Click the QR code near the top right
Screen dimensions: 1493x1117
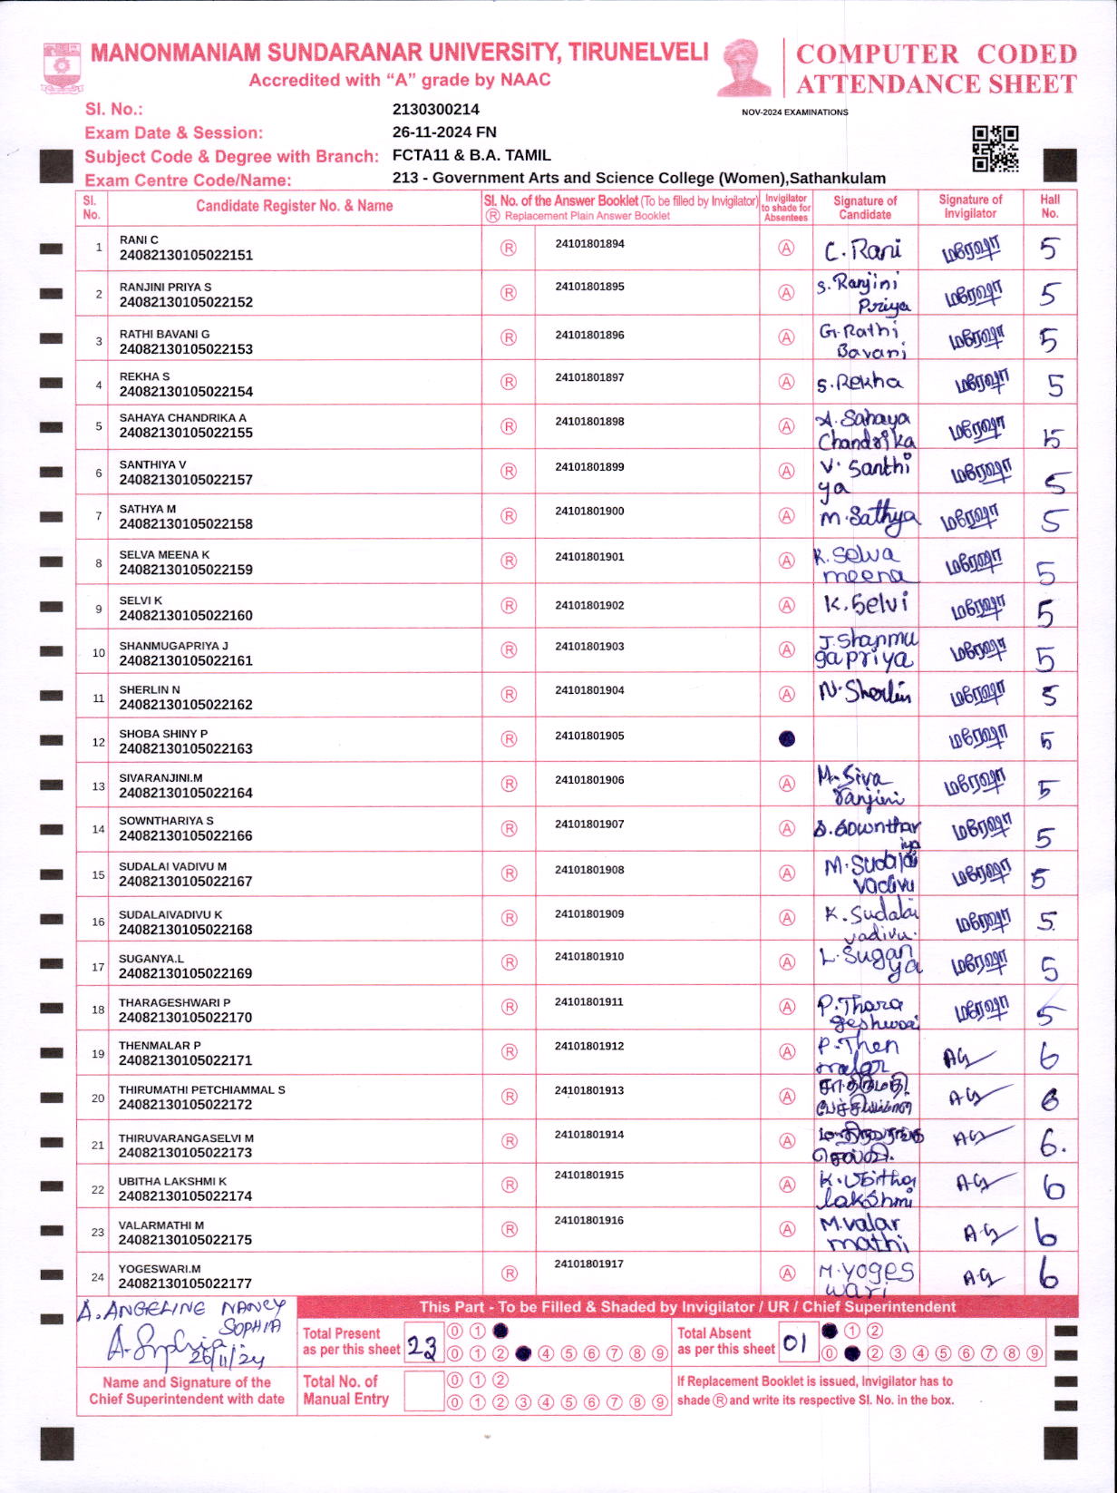coord(995,149)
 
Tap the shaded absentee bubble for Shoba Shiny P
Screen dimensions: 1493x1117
coord(787,738)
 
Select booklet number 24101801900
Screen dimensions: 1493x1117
coord(589,512)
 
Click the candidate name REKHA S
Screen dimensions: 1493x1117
coord(144,376)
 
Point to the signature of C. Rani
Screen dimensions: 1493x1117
coord(862,249)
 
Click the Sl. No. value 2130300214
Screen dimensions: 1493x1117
coord(435,109)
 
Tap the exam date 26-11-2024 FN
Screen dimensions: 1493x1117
coord(443,132)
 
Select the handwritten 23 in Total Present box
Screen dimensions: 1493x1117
coord(422,1346)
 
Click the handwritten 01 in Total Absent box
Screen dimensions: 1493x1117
coord(794,1343)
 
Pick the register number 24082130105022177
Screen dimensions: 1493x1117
coord(186,1283)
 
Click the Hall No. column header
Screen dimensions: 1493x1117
coord(1049,207)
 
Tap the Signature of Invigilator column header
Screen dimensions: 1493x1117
coord(969,207)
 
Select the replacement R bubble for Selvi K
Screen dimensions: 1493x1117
coord(510,606)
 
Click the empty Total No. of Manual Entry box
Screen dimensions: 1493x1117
coord(423,1391)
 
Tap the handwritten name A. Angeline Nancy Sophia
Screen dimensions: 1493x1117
coord(181,1317)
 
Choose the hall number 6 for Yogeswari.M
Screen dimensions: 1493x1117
coord(1048,1275)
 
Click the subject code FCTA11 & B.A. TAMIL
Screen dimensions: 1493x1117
coord(471,155)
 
